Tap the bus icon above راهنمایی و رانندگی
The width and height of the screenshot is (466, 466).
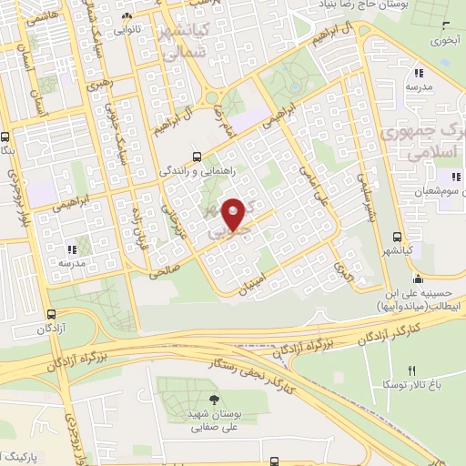(x=198, y=156)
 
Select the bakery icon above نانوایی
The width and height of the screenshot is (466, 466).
(x=128, y=15)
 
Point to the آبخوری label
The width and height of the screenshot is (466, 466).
(x=445, y=41)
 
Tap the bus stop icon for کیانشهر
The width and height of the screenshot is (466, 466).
(x=397, y=235)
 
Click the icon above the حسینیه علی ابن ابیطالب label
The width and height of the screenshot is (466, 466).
(x=417, y=278)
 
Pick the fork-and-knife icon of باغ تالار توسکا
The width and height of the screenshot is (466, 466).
(x=410, y=370)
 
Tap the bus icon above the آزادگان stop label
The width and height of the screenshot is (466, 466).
(x=51, y=315)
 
